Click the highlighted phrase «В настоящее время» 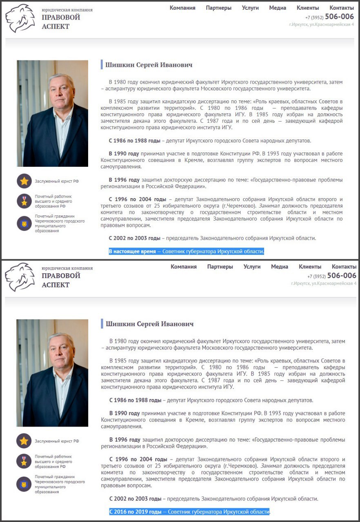(132, 251)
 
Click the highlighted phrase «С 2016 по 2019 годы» (136, 511)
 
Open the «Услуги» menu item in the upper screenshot (250, 8)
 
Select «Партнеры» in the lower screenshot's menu (220, 267)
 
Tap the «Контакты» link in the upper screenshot (342, 8)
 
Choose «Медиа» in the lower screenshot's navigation (280, 267)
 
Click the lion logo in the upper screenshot (20, 18)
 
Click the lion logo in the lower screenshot (20, 277)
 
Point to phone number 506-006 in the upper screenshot (339, 17)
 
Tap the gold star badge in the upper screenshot (24, 181)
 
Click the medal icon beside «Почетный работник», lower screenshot (24, 461)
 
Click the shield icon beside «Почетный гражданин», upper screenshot (24, 223)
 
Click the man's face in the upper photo (59, 90)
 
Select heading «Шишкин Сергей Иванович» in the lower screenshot (149, 324)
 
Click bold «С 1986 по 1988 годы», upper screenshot (134, 141)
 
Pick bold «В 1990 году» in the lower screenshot (124, 413)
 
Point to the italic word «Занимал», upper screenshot (269, 206)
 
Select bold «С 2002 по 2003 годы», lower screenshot (135, 498)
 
